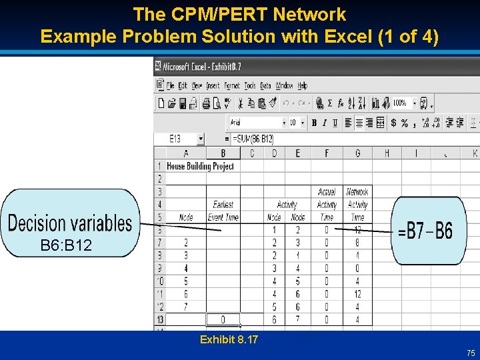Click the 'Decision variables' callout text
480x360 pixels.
point(70,223)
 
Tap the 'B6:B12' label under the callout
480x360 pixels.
point(66,246)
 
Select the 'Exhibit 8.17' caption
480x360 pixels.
point(229,340)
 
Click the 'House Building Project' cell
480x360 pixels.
point(200,166)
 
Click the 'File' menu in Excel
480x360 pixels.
point(171,85)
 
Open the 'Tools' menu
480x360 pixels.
point(250,85)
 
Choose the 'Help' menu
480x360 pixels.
point(302,85)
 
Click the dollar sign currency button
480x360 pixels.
point(393,123)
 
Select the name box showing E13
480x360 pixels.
point(179,139)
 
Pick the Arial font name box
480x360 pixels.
point(255,123)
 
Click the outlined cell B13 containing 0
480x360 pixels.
point(223,319)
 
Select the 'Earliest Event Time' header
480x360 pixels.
point(223,211)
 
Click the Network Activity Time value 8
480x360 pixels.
point(358,243)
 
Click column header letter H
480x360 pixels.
point(387,153)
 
